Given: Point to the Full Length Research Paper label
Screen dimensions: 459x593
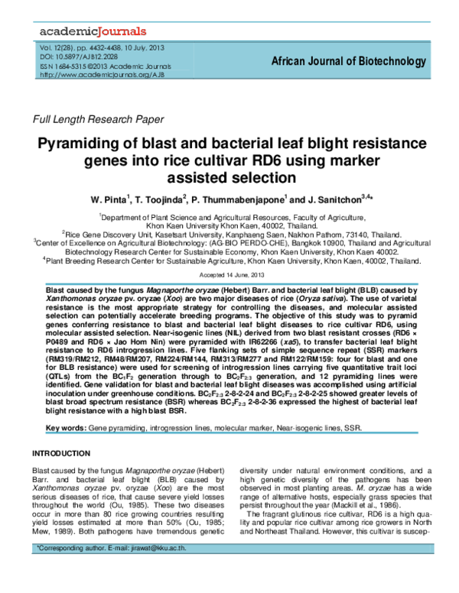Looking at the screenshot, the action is click(96, 119).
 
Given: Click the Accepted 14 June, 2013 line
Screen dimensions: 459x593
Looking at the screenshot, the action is click(230, 274).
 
